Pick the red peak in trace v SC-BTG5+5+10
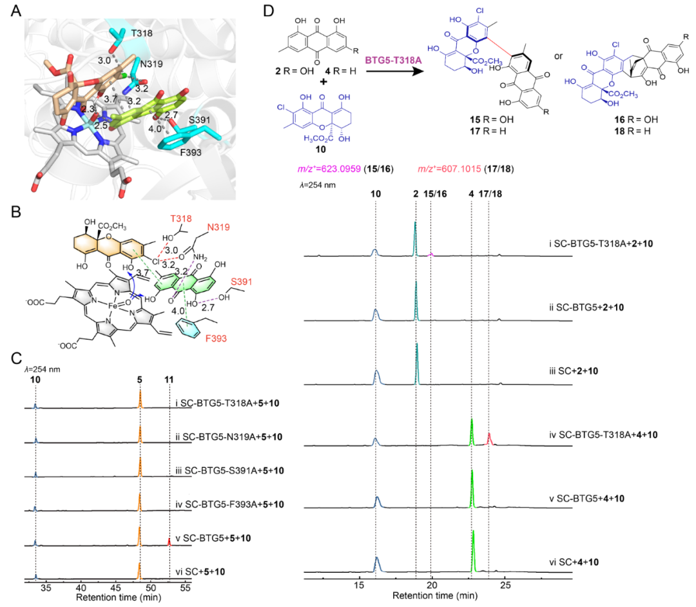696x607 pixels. click(169, 542)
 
